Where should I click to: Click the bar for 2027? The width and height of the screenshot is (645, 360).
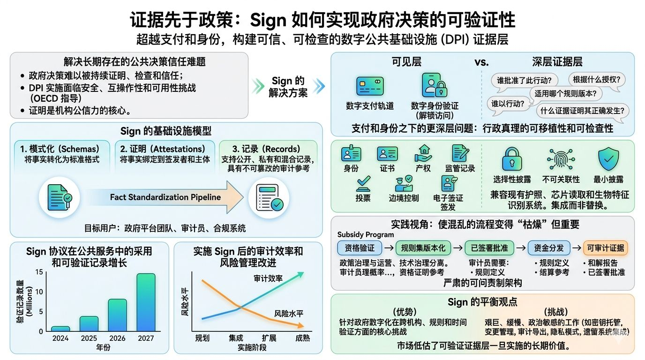146,302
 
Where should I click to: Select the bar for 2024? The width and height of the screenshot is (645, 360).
60,329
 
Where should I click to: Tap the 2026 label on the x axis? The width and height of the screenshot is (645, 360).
118,338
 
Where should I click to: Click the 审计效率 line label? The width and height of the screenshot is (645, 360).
268,279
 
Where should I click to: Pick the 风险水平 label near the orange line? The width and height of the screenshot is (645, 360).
288,314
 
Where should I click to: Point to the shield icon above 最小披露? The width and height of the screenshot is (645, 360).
608,159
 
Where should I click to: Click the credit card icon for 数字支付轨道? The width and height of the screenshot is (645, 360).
370,87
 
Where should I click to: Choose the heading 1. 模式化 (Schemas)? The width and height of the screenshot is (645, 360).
60,149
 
